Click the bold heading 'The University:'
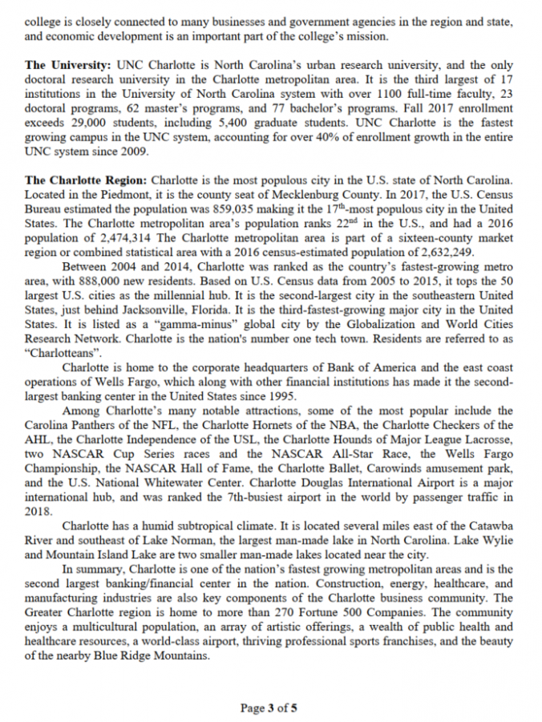tap(68, 63)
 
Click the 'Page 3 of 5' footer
tap(269, 708)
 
